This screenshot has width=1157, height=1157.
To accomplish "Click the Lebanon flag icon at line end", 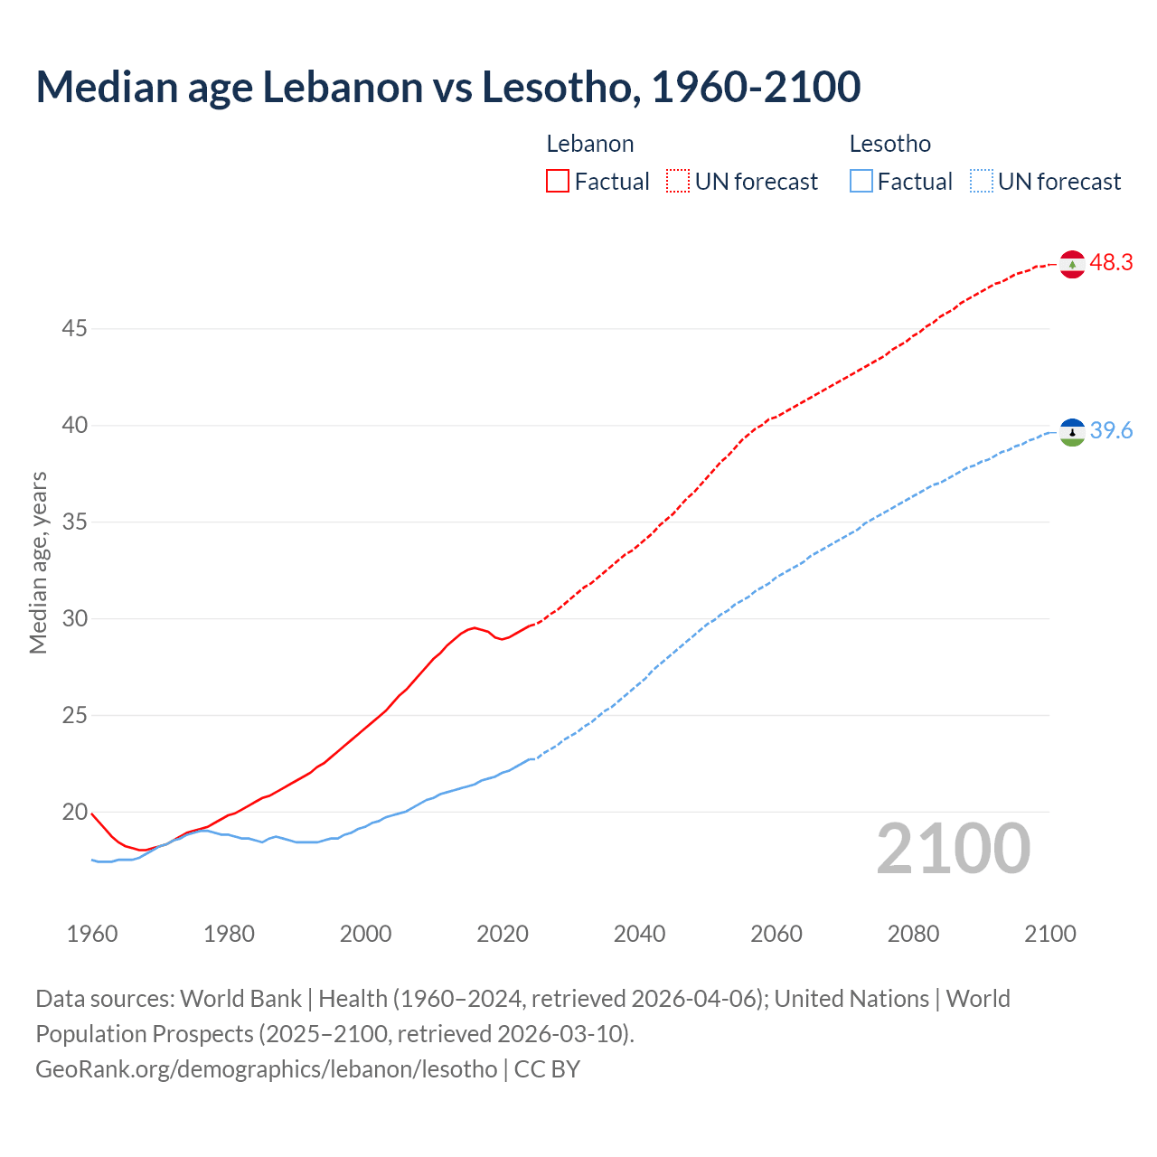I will (1072, 264).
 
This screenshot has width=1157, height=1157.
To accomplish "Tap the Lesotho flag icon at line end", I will (1072, 432).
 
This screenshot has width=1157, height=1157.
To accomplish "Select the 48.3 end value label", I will (1111, 263).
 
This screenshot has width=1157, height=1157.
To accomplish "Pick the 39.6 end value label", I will (1111, 431).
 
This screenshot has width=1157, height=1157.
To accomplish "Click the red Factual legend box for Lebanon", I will (558, 182).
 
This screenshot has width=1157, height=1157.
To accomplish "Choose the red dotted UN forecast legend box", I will (678, 182).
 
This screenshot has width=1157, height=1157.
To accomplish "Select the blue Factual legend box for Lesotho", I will (861, 182).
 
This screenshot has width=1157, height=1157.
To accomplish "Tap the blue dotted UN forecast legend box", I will (981, 182).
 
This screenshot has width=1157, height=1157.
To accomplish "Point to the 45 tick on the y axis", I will (74, 328).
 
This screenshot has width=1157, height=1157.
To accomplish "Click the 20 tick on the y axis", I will (74, 812).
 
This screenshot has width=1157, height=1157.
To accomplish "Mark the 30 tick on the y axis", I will (74, 618).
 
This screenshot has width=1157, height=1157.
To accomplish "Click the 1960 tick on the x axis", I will (92, 934).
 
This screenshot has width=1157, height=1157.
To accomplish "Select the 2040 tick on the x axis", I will (639, 934).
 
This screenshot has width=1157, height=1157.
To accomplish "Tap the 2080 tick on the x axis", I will (913, 934).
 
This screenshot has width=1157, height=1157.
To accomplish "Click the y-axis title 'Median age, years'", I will (38, 562).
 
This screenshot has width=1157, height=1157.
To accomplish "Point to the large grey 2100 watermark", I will (953, 849).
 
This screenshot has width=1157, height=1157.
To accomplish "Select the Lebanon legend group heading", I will (590, 144).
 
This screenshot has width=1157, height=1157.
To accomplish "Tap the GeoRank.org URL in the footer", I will (266, 1069).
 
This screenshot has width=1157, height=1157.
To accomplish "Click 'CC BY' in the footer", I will (547, 1069).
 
